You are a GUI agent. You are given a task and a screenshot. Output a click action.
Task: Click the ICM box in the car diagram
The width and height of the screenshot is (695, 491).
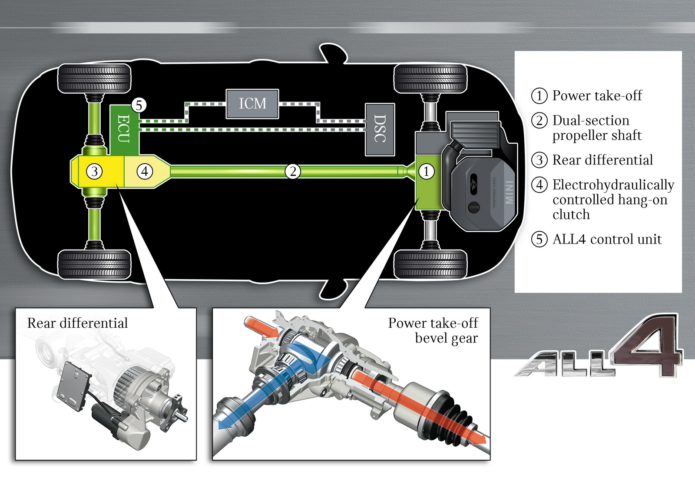click(x=252, y=104)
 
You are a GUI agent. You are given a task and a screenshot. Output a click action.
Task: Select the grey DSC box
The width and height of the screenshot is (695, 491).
click(x=380, y=129)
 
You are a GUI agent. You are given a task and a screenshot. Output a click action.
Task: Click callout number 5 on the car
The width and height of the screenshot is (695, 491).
click(x=139, y=105)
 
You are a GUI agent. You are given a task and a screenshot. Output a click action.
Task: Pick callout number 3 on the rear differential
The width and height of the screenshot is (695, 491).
click(x=94, y=171)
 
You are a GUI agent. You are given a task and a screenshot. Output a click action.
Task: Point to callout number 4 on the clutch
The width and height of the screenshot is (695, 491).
click(x=145, y=171)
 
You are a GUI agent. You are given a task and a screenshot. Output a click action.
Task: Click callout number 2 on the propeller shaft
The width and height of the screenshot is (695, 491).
click(x=293, y=171)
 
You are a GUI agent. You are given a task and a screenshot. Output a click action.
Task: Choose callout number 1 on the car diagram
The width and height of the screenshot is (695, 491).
click(x=426, y=171)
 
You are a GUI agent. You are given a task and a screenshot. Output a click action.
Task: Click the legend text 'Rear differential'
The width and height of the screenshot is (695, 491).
click(x=602, y=160)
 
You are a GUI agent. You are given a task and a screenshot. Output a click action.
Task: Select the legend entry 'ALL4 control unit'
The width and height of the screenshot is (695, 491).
click(x=607, y=239)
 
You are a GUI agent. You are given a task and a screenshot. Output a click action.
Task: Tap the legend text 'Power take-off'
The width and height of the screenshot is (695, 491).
click(x=597, y=96)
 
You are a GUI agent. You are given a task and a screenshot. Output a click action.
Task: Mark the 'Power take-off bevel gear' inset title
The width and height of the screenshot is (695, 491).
click(x=433, y=330)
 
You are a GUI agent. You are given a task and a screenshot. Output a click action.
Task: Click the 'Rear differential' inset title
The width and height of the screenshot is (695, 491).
click(x=77, y=323)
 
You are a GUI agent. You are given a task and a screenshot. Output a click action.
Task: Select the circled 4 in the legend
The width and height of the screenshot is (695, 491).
click(x=539, y=185)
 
